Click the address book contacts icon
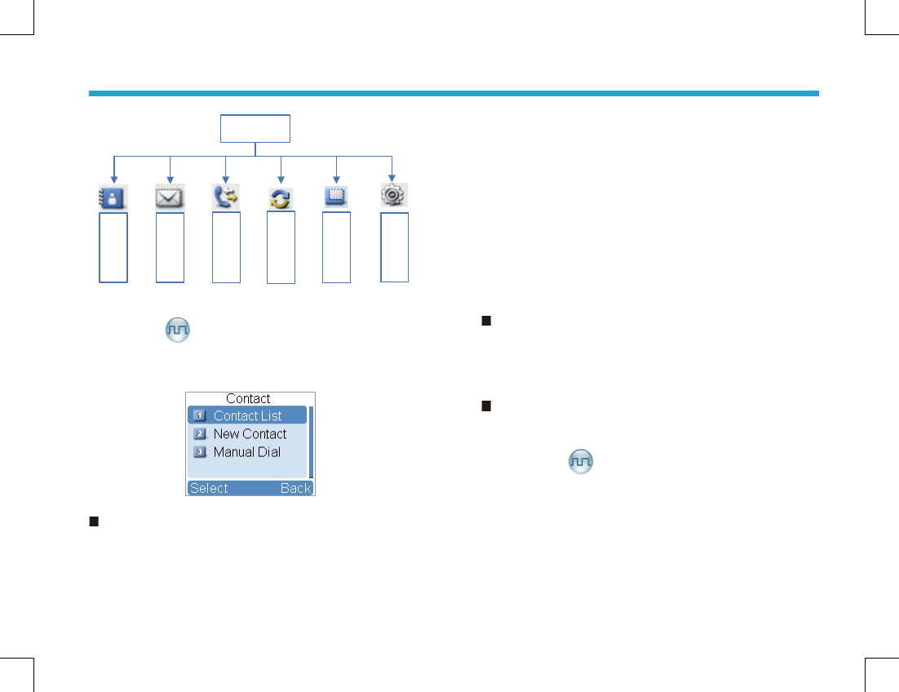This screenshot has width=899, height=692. click(x=113, y=197)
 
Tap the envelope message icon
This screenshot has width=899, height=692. click(x=170, y=197)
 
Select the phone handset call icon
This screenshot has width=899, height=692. click(x=226, y=197)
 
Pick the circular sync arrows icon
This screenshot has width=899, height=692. click(x=281, y=198)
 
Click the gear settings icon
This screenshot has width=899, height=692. click(x=393, y=195)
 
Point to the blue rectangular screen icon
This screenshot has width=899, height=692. click(x=336, y=197)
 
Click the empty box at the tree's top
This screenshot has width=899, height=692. click(x=255, y=129)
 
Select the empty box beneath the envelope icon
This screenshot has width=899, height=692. click(x=170, y=247)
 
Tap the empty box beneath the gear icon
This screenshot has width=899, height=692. click(x=394, y=247)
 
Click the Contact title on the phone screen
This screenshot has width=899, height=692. click(x=248, y=399)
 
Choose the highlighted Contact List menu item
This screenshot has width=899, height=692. click(x=247, y=415)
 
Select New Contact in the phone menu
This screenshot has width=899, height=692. click(x=250, y=434)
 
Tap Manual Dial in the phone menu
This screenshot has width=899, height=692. click(x=246, y=452)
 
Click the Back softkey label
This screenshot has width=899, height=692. click(x=296, y=488)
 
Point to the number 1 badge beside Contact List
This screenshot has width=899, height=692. click(x=200, y=415)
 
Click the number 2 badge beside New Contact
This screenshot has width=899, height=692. click(x=200, y=434)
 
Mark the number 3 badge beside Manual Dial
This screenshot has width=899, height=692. click(x=200, y=452)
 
